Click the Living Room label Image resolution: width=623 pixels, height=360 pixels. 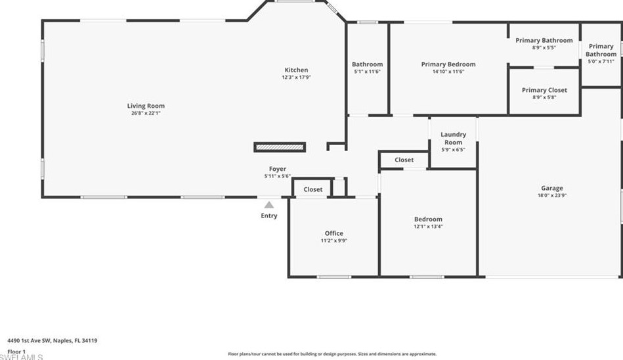(146, 106)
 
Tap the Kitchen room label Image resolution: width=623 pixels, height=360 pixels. (295, 70)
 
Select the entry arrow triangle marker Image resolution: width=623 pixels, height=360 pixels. (269, 205)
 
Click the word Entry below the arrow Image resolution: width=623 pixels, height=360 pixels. (269, 215)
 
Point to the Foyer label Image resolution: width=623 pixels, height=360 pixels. (277, 169)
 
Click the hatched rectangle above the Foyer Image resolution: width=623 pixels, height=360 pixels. (280, 147)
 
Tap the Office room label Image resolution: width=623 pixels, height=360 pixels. (333, 233)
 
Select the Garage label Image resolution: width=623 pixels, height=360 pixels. (551, 189)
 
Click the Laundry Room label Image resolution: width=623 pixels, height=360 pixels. (453, 138)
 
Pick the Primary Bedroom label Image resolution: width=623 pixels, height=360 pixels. (448, 64)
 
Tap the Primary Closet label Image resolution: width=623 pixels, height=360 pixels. (544, 90)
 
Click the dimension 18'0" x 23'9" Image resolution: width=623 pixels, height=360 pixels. (551, 196)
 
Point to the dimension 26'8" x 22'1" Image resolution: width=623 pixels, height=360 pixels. (146, 113)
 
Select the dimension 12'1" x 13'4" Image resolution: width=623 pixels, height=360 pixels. (428, 227)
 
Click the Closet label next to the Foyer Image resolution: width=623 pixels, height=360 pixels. (313, 189)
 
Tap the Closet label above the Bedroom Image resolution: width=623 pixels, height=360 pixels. (404, 160)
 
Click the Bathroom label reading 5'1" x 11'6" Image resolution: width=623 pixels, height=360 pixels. (367, 64)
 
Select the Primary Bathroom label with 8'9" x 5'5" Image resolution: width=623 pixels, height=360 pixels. (544, 41)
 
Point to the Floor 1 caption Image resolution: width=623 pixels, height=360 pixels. (16, 351)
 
